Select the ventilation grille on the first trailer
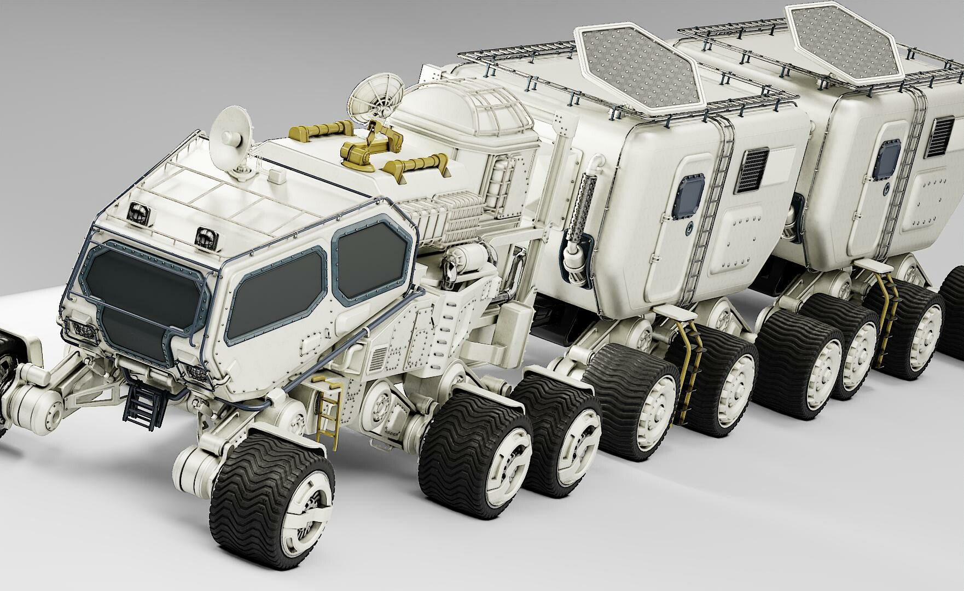click(x=753, y=170)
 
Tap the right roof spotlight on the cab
click(x=204, y=236)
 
